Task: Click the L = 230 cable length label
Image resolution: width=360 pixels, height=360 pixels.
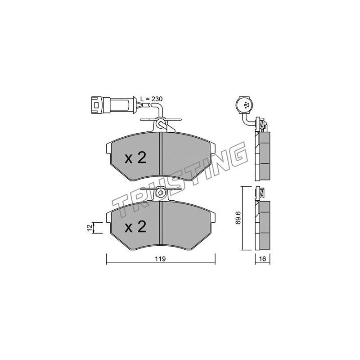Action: tap(151, 99)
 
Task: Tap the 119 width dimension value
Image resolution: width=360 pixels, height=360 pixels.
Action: tap(160, 259)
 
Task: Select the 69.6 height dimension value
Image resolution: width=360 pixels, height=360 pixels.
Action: tap(238, 218)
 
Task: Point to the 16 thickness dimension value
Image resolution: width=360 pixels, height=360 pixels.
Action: tap(262, 259)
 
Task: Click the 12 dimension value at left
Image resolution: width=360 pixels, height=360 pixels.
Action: tap(90, 228)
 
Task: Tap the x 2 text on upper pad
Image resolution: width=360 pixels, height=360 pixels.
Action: tap(135, 158)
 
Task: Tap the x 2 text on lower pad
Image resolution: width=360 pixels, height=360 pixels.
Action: tap(135, 227)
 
